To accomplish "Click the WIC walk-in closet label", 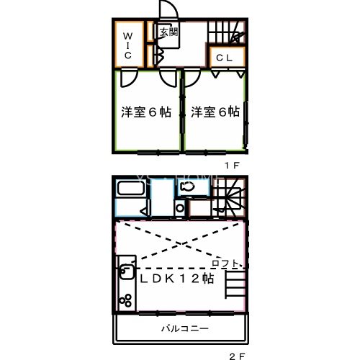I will (x=126, y=45).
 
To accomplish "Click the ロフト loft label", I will (x=225, y=264).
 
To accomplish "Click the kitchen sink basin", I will (x=125, y=273).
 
